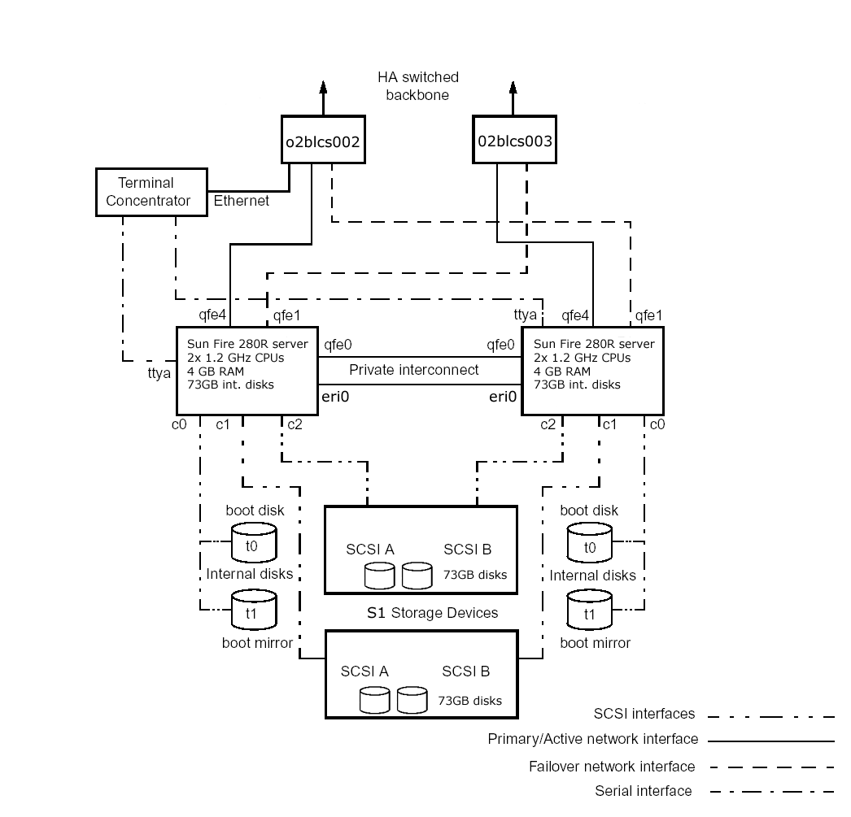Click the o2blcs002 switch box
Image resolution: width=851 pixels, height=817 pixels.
coord(323,139)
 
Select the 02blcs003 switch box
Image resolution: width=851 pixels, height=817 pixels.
coord(514,139)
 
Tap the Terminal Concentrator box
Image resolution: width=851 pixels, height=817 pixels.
coord(151,193)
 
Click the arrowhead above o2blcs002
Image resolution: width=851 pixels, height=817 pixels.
coord(324,87)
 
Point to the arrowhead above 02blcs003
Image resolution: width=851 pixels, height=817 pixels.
coord(513,87)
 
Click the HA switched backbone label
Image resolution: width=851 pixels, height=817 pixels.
coord(418,85)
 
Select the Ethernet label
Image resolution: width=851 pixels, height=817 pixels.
coord(241,201)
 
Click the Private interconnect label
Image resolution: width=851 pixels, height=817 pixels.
coord(413,370)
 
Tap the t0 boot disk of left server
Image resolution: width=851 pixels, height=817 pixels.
coord(254,542)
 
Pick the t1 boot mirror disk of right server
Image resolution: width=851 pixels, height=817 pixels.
coord(589,610)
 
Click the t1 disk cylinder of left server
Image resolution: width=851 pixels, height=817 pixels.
coord(254,610)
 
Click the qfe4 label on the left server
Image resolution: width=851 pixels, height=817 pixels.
coord(212,315)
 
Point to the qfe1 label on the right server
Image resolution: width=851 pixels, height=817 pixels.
coord(648,315)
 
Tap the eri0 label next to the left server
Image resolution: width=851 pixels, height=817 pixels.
coord(335,397)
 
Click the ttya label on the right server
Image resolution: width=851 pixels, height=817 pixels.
coord(525,315)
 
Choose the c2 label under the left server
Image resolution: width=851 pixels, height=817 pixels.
coord(295,424)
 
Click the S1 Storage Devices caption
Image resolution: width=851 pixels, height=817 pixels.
coord(433,613)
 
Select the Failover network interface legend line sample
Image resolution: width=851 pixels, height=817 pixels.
coord(772,767)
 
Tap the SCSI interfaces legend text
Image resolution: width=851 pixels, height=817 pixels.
coord(644,714)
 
